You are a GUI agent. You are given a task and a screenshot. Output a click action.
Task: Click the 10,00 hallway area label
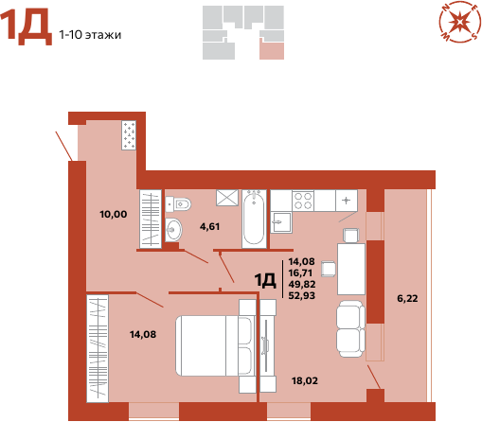tap(114, 214)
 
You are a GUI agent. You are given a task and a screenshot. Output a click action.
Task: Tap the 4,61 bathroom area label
tap(209, 226)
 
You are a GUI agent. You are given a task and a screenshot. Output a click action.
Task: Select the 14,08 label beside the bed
tap(143, 334)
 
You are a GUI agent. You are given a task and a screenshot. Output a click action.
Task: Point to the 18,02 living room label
tap(305, 380)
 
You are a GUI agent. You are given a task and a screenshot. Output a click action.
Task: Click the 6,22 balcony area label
tap(407, 298)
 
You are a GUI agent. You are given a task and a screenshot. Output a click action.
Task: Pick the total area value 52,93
tap(302, 295)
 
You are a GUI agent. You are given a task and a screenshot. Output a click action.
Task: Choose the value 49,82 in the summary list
tap(302, 284)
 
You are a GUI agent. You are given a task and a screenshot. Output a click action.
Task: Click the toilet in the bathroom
tap(178, 204)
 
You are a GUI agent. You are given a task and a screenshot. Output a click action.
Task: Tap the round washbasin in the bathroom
tap(173, 229)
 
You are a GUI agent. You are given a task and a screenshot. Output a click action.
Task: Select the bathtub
tap(254, 219)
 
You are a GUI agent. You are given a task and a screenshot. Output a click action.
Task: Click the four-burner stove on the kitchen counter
tap(303, 201)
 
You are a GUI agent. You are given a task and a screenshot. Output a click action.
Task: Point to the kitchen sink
tap(281, 222)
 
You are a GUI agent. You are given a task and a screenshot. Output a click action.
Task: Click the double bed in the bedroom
tap(216, 345)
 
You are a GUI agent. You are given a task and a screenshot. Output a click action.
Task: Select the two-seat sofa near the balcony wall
tap(350, 328)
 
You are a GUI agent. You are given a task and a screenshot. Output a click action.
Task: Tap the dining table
tap(351, 269)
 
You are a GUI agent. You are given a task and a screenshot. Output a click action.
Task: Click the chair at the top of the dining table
tap(351, 236)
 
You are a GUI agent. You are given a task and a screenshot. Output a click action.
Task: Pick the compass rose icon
tap(459, 22)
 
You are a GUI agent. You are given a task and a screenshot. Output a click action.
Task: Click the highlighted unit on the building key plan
tap(272, 49)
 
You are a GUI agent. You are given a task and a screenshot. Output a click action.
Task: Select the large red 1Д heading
tap(27, 26)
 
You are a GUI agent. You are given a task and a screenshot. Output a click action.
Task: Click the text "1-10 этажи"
tap(90, 35)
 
